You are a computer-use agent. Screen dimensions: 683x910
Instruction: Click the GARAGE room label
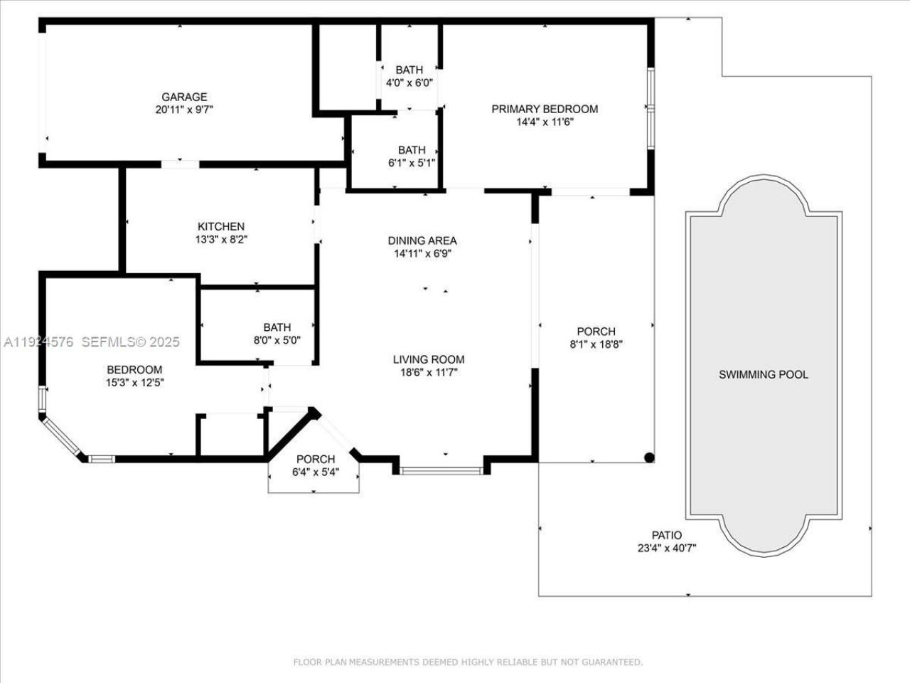pos(184,97)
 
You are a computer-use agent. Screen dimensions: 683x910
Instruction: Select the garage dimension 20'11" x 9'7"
pos(184,110)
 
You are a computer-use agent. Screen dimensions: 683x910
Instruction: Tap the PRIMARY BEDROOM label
pos(545,109)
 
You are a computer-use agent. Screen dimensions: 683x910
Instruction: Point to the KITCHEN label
pos(221,226)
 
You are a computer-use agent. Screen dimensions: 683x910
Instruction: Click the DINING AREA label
pos(422,240)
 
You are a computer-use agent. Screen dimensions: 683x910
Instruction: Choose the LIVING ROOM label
pos(429,359)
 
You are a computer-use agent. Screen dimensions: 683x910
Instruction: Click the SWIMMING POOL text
pos(763,374)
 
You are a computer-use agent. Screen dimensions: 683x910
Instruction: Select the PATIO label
pos(666,535)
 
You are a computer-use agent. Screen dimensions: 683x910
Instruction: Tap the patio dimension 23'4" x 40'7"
pos(666,548)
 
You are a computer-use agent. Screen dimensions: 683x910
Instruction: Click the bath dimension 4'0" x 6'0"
pos(409,83)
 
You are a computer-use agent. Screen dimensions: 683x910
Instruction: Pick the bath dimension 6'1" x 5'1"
pos(412,163)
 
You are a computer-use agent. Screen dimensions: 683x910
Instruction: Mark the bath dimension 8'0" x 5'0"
pos(277,340)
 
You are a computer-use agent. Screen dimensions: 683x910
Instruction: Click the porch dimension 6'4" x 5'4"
pos(316,472)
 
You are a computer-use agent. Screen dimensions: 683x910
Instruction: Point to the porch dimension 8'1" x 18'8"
pos(596,344)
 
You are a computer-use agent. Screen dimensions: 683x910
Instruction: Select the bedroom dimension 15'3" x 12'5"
pos(134,382)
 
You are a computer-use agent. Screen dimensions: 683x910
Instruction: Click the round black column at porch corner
pos(648,457)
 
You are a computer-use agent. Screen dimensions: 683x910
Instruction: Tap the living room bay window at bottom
pos(441,470)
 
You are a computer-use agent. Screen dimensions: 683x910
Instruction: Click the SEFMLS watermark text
pos(131,342)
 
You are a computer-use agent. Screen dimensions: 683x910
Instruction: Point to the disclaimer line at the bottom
pos(468,662)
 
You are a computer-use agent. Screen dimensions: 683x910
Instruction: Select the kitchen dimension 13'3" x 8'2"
pos(221,239)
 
